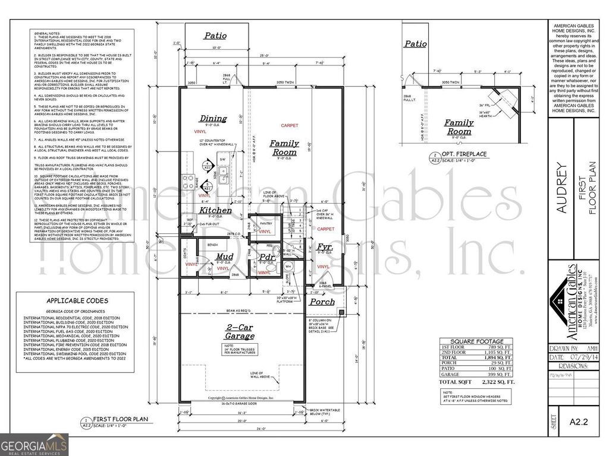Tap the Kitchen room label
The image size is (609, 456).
(215, 211)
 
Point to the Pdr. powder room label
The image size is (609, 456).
(267, 256)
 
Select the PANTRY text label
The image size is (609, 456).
(265, 223)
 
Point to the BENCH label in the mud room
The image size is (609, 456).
(212, 244)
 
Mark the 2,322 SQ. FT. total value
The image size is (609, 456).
(496, 383)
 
